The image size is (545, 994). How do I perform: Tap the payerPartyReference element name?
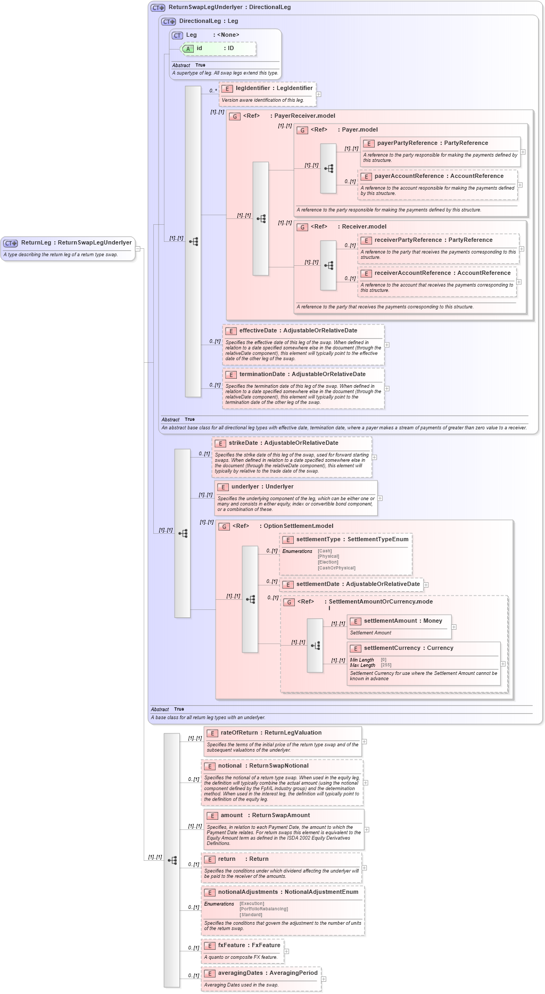coord(407,143)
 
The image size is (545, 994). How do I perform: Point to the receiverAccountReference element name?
coord(414,273)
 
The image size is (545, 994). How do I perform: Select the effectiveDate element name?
coord(258,331)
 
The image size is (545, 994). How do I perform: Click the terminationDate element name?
coord(262,374)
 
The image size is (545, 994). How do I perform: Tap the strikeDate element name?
coord(245,443)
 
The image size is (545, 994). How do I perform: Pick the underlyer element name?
coord(245,487)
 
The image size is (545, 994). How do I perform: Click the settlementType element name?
coord(318,540)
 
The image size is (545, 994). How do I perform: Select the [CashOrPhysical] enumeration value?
coord(336,568)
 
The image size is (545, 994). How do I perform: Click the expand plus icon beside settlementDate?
coord(426,585)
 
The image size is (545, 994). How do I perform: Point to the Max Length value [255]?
coord(386,665)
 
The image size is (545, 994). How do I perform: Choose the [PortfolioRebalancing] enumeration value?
coord(263,909)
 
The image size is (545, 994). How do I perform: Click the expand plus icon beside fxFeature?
coord(286,951)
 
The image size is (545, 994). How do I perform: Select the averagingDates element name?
coord(240,973)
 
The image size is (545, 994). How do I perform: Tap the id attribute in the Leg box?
coord(199,48)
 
